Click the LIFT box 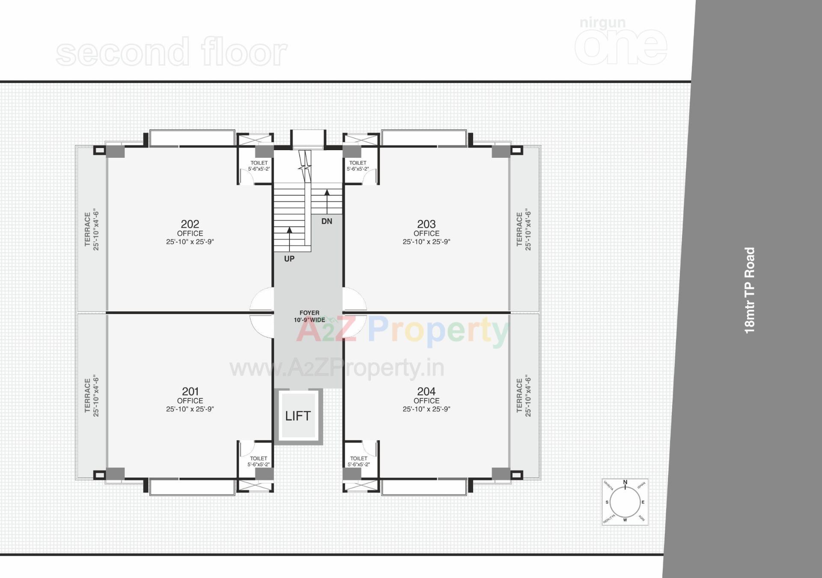[x=298, y=415]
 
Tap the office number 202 [x=190, y=224]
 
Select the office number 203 [x=426, y=224]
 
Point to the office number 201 [x=190, y=391]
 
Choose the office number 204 [x=426, y=391]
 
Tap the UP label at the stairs [x=289, y=259]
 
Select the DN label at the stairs [x=327, y=221]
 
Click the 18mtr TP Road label [x=750, y=290]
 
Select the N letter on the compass [x=625, y=483]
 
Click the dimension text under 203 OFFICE [x=426, y=242]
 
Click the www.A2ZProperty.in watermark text [x=337, y=368]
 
